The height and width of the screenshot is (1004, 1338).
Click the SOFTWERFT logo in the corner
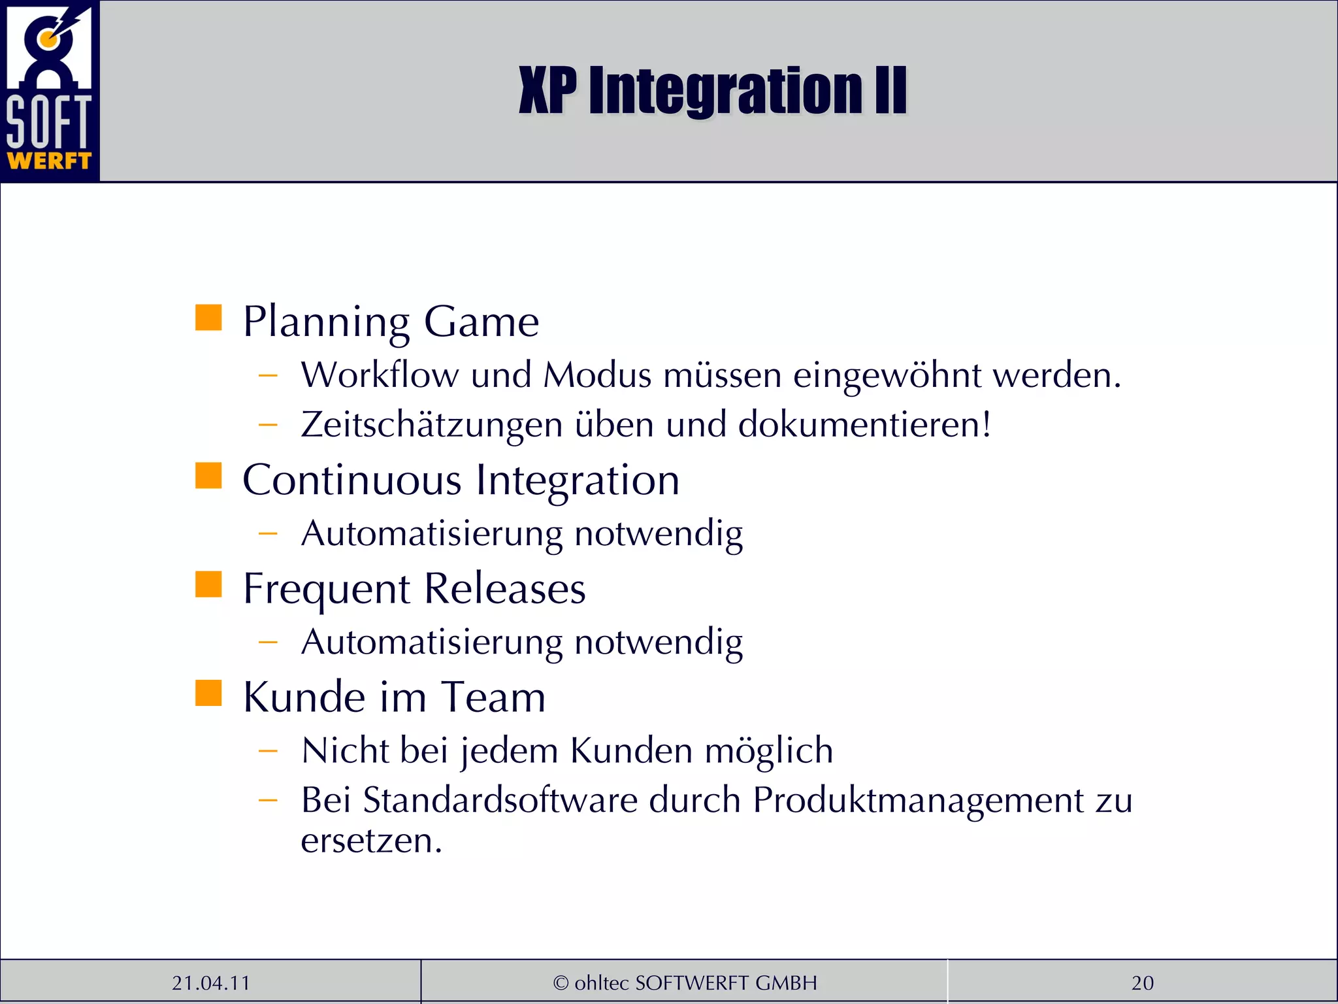pos(49,90)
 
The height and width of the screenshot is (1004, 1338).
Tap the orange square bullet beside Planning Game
pos(208,318)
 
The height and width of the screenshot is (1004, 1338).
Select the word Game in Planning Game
pos(481,322)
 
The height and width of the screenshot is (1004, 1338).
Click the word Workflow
pos(380,375)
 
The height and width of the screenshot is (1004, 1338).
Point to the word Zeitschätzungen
pos(432,425)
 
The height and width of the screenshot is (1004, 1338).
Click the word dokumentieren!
pos(864,425)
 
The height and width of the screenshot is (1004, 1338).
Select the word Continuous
pos(352,480)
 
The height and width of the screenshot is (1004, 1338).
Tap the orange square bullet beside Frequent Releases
pos(208,584)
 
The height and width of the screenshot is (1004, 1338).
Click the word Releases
pos(504,588)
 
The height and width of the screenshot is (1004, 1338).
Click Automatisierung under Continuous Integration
pos(432,534)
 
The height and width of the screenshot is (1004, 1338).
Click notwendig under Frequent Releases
pos(659,643)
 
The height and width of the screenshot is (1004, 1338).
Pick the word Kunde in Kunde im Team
pos(304,697)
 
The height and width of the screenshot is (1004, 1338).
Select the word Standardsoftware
pos(500,800)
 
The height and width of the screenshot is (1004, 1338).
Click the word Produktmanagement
pos(918,800)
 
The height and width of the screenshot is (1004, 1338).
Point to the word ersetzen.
pos(371,841)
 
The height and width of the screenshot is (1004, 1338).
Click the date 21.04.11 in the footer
pos(210,982)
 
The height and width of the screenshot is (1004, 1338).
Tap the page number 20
pos(1142,982)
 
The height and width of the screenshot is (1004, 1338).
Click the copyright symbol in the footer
pos(561,982)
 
